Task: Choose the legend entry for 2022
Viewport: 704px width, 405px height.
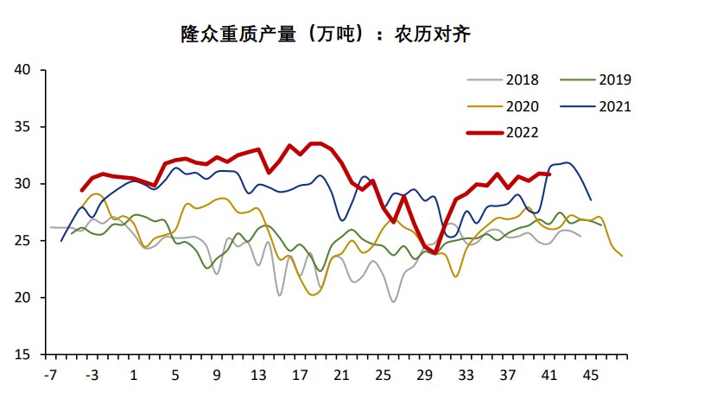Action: coord(522,132)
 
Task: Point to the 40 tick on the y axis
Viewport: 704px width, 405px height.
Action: coord(24,70)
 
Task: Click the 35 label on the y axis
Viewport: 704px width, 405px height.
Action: coord(24,127)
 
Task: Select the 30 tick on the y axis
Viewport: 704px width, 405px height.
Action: coord(24,184)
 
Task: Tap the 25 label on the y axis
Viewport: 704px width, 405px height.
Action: coord(24,241)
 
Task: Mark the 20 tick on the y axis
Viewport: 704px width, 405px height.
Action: coord(24,298)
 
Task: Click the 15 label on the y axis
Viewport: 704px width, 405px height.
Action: coord(24,355)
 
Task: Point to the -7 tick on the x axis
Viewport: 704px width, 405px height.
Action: coord(51,376)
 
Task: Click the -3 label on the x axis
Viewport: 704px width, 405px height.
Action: coord(92,376)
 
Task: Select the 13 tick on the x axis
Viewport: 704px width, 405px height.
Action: coord(258,376)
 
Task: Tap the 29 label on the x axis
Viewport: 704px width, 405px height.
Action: coord(424,376)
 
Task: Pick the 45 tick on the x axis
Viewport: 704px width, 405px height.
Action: coord(591,376)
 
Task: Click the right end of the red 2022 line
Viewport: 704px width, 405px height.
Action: coord(550,174)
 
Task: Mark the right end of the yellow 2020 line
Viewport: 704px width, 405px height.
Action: coord(622,256)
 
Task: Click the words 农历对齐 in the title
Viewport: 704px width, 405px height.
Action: coord(432,35)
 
